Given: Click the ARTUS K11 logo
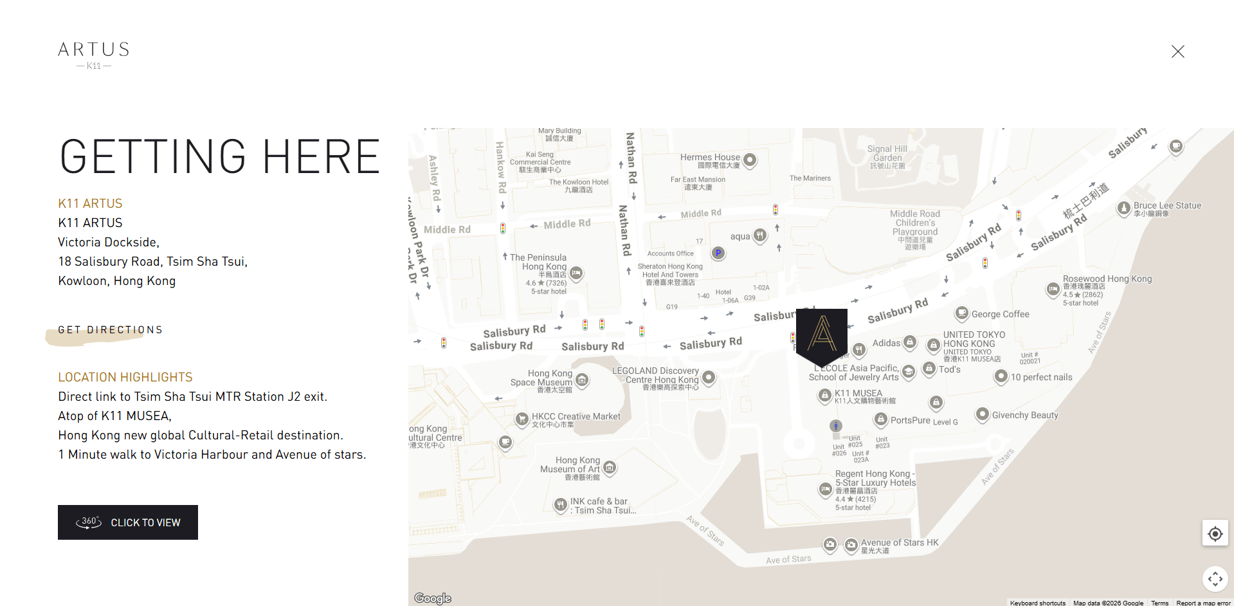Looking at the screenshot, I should point(94,55).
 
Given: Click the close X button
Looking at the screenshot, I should point(1177,51).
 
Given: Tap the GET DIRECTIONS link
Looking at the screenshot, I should point(110,330).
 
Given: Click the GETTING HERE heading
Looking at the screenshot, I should point(220,157).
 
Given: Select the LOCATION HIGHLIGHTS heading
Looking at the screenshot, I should point(125,377).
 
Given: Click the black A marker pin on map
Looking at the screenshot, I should point(821,335).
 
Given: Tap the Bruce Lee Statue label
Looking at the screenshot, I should point(1167,206).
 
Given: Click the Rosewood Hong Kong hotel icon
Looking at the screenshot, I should point(1053,289).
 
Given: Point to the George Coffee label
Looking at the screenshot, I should point(1000,314).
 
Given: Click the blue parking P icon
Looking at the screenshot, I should point(718,253).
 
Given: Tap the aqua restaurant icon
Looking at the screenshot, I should point(760,235).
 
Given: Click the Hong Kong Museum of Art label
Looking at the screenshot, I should point(570,464).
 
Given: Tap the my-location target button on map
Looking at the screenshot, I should point(1215,533).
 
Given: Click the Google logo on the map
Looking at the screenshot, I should point(433,598).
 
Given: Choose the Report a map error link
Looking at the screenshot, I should point(1203,603).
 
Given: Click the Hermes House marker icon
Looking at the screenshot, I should point(750,159).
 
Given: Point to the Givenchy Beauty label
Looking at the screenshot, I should point(1024,415).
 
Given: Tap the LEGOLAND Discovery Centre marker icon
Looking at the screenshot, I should point(709,376).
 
